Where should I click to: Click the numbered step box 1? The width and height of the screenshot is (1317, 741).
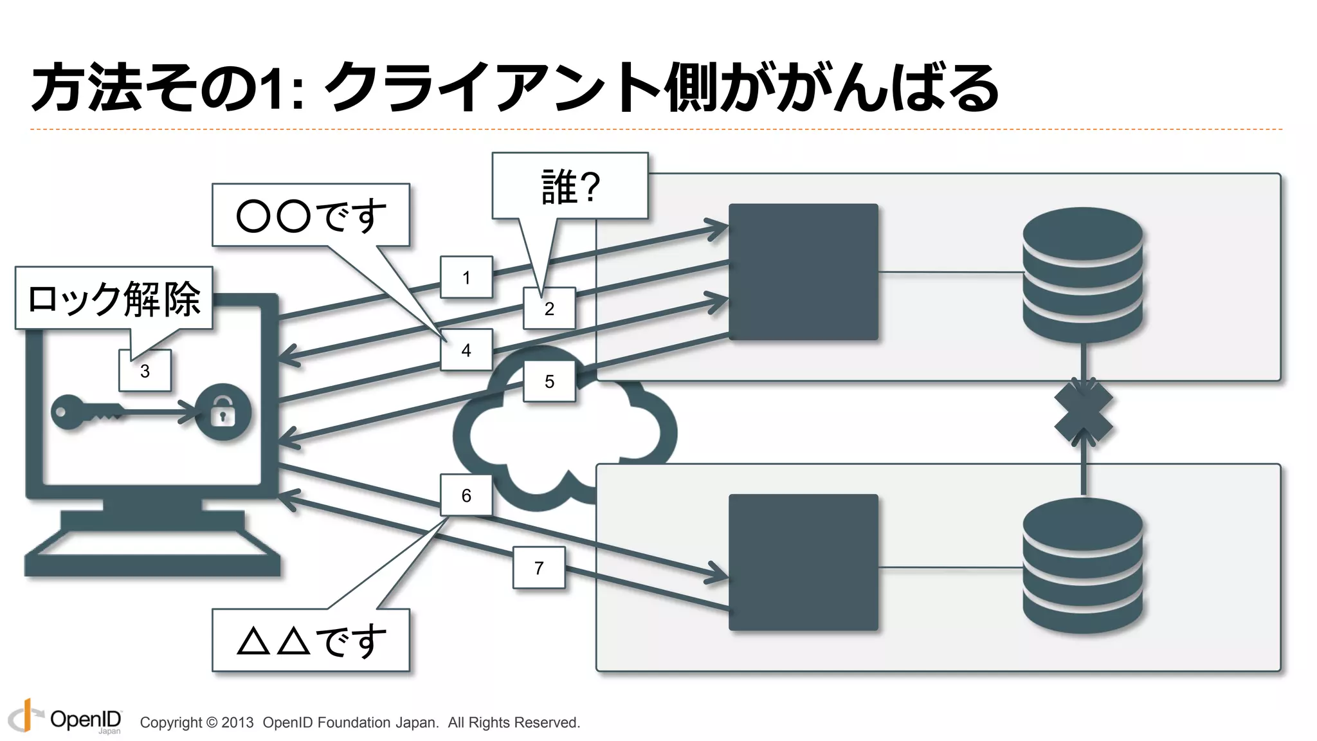click(466, 277)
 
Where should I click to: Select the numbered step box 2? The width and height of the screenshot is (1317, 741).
click(549, 308)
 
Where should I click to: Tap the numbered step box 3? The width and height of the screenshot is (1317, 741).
click(145, 370)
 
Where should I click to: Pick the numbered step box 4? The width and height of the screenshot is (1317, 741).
click(466, 350)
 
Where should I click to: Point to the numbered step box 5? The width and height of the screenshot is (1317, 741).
click(549, 381)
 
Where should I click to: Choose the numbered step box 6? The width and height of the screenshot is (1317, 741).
click(466, 495)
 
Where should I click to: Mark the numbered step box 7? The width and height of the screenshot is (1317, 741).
click(539, 567)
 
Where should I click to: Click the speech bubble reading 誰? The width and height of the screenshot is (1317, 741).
click(570, 187)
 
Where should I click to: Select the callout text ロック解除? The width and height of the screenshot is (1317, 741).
click(114, 298)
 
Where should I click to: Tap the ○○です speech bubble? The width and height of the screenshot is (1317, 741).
click(311, 215)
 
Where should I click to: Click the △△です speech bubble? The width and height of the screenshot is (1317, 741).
click(311, 640)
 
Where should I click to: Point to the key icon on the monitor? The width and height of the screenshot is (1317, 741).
click(87, 412)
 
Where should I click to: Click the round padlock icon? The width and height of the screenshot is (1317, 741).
click(223, 412)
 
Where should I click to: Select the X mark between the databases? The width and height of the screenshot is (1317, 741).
click(1084, 412)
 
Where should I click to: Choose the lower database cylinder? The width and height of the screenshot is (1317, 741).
click(1083, 566)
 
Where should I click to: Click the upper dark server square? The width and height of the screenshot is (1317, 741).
click(803, 272)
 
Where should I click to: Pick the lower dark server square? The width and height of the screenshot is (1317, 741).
click(803, 562)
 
